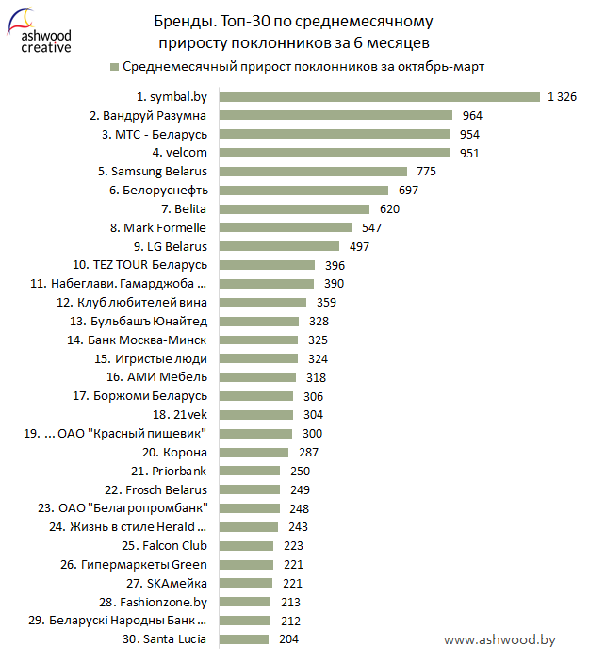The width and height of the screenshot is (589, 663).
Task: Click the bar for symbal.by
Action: pos(378,96)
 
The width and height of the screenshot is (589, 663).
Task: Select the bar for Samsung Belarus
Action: pos(313,172)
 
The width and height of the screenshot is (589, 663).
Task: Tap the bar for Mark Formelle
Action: pos(285,227)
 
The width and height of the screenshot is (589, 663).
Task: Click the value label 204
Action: pos(290,638)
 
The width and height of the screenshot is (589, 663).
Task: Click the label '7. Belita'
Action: pos(184,208)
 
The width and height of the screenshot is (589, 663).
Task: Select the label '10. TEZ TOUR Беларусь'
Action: pos(139,265)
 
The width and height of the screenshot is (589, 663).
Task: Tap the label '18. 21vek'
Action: pos(179,414)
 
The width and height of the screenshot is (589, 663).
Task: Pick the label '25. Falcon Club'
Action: pos(164,545)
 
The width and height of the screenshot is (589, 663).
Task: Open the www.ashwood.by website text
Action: pos(499,639)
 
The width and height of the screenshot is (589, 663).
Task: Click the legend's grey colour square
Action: pos(114,67)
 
